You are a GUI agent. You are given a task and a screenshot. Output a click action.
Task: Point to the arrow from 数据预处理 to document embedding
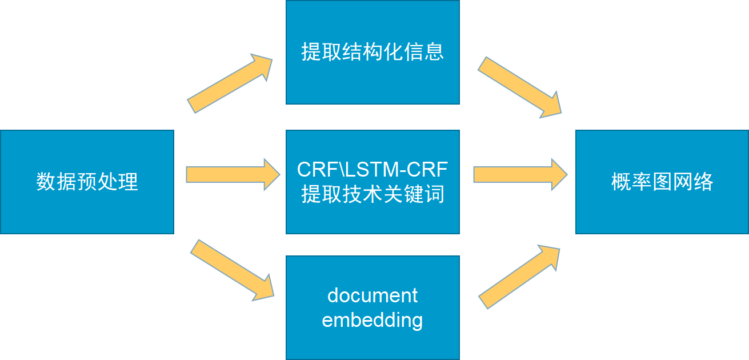click(232, 269)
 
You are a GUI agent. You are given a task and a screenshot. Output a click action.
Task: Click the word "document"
click(373, 296)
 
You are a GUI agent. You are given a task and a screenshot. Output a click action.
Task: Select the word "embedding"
click(373, 320)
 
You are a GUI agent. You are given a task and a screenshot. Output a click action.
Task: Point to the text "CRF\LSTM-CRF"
click(373, 170)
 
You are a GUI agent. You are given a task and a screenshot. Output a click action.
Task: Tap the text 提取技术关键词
click(373, 195)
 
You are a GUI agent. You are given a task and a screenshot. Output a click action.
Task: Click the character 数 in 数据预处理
click(45, 182)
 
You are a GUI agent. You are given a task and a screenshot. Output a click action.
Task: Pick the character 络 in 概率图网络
click(704, 182)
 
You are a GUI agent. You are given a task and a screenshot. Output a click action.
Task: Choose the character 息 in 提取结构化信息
click(435, 53)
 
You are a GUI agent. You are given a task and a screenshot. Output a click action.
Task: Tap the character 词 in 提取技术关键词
click(435, 195)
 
